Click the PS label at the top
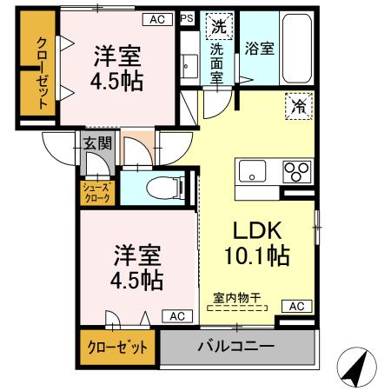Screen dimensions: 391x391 [x=187, y=17]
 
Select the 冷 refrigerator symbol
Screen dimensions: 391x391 [x=297, y=109]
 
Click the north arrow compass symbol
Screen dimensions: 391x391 [x=357, y=367]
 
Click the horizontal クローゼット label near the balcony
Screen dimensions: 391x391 [x=116, y=346]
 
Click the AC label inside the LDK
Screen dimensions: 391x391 [x=296, y=307]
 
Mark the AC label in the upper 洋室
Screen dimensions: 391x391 [x=156, y=17]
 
